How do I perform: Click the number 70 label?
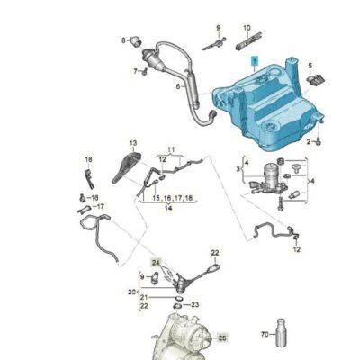pyautogui.click(x=264, y=335)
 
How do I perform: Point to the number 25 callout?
pyautogui.click(x=222, y=337)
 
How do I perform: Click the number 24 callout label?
pyautogui.click(x=155, y=262)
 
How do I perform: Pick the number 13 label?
pyautogui.click(x=132, y=144)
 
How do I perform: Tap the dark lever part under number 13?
pyautogui.click(x=131, y=166)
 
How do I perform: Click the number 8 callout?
pyautogui.click(x=125, y=41)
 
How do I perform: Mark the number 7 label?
pyautogui.click(x=136, y=70)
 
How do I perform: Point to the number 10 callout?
pyautogui.click(x=247, y=28)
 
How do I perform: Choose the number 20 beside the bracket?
pyautogui.click(x=132, y=293)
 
